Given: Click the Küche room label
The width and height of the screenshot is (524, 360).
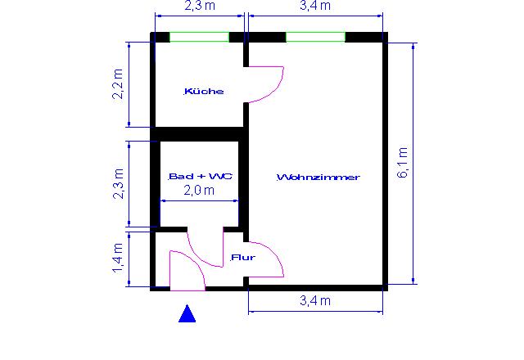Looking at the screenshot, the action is tap(204, 91).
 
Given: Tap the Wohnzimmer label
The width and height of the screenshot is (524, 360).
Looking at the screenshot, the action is tap(318, 177).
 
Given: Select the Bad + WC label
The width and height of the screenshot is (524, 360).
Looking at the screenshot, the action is tap(200, 176).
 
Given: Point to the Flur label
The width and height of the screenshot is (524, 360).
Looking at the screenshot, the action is tap(243, 257).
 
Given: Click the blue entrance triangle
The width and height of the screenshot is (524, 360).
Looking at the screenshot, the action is tap(187, 313).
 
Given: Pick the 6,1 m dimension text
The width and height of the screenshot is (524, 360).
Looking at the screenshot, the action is tap(402, 162).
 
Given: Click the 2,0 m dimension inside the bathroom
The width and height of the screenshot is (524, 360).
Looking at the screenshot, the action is tap(199, 191).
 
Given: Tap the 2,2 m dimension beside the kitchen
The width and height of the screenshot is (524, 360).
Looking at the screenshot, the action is tap(118, 84).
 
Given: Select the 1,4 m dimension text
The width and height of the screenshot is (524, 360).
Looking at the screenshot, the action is tap(118, 259).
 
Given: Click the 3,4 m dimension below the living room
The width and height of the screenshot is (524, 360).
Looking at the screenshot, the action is tap(315, 301).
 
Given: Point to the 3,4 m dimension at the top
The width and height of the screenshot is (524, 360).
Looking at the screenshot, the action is tap(315, 6).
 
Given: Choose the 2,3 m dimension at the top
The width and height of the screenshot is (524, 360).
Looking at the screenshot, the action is tap(200, 6).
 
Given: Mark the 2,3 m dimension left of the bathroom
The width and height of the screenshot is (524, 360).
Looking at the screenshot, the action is tap(118, 183).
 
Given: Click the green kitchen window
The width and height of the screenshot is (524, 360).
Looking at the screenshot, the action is tap(199, 37).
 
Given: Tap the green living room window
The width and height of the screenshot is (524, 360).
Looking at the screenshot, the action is tap(315, 37).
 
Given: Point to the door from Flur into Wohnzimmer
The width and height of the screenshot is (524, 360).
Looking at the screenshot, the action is tap(277, 257).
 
